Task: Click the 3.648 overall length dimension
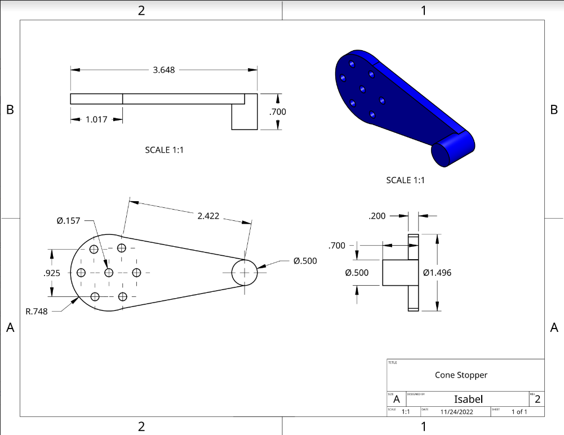point(164,70)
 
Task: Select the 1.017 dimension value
point(97,119)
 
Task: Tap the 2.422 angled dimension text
point(208,215)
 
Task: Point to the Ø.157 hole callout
point(69,220)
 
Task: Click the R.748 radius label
point(37,311)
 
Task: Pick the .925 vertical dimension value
point(52,273)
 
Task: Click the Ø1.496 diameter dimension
point(437,273)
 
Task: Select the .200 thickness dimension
point(377,216)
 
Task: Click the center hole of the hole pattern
point(109,273)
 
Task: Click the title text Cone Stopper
point(461,375)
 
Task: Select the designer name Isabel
point(468,399)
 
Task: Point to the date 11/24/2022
point(457,412)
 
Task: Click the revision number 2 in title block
point(538,400)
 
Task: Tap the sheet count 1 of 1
point(519,412)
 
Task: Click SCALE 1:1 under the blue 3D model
point(405,180)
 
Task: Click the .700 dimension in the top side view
point(277,112)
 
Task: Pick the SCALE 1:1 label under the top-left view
point(165,150)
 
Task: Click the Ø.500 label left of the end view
point(357,273)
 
